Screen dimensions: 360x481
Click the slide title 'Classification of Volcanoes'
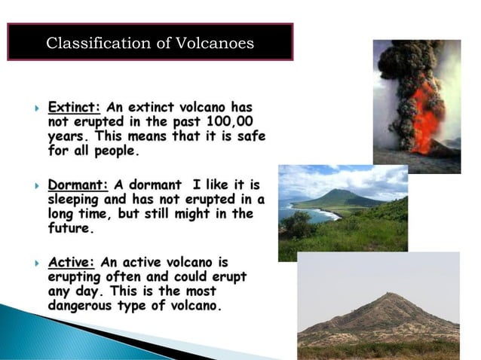[x=150, y=43]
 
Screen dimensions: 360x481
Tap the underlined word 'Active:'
[x=71, y=263]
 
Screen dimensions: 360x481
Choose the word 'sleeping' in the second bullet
[x=74, y=199]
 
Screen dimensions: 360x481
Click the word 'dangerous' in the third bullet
[x=84, y=306]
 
